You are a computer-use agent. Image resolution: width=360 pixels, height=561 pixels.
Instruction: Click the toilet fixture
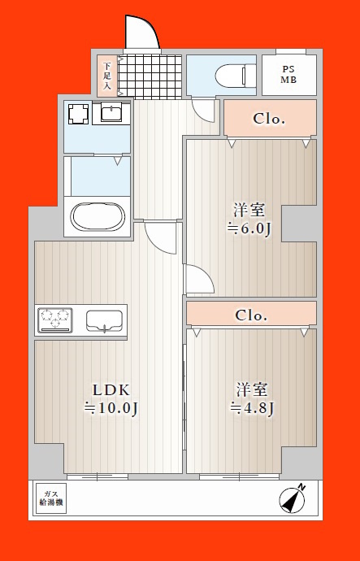pyautogui.click(x=236, y=76)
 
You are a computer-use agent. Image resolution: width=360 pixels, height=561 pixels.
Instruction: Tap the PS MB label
pyautogui.click(x=288, y=75)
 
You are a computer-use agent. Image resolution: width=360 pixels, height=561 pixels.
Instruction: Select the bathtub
pyautogui.click(x=98, y=217)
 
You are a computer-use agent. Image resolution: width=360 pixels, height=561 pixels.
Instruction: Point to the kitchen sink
pyautogui.click(x=104, y=320)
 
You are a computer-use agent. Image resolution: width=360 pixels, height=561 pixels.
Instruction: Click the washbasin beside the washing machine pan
pyautogui.click(x=111, y=113)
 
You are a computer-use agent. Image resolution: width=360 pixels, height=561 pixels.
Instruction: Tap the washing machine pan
pyautogui.click(x=78, y=114)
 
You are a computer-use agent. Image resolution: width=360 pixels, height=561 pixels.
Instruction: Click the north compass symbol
pyautogui.click(x=293, y=498)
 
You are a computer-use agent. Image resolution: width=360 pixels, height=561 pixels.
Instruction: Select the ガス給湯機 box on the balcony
pyautogui.click(x=51, y=498)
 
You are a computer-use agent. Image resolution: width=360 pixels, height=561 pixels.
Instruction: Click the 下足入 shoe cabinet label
pyautogui.click(x=107, y=76)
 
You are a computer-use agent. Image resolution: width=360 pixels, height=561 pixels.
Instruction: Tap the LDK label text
pyautogui.click(x=111, y=390)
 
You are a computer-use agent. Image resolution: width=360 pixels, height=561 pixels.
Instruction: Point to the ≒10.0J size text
pyautogui.click(x=111, y=408)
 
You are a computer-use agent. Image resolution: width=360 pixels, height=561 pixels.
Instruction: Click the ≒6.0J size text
pyautogui.click(x=249, y=228)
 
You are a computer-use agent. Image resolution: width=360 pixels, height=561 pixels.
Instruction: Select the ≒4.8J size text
pyautogui.click(x=252, y=407)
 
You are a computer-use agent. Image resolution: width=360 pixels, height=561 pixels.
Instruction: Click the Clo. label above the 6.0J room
pyautogui.click(x=269, y=119)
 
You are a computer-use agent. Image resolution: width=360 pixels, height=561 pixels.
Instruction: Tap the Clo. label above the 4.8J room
pyautogui.click(x=251, y=315)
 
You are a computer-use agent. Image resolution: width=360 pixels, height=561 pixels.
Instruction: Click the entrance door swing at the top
pyautogui.click(x=142, y=33)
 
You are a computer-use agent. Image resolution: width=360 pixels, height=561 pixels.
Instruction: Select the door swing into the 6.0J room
pyautogui.click(x=199, y=280)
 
